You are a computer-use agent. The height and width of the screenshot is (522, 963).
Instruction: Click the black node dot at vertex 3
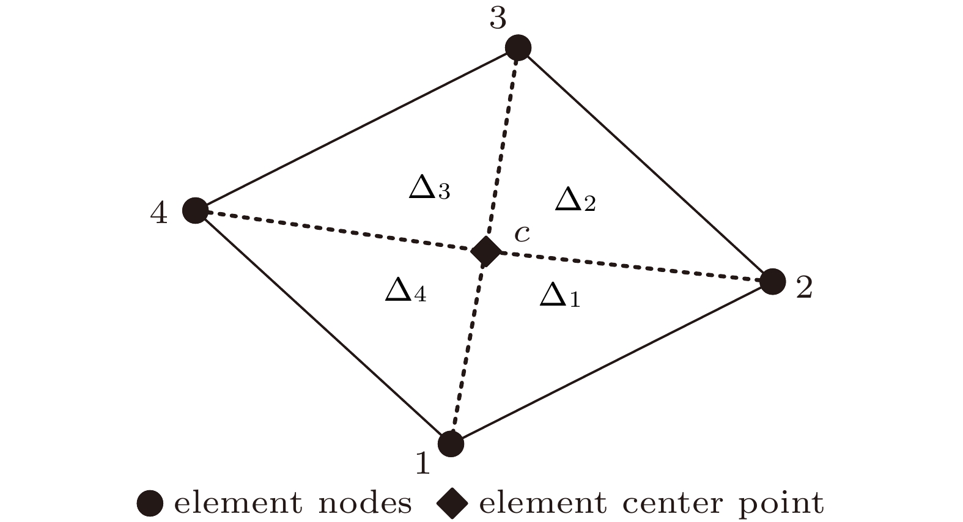pos(518,48)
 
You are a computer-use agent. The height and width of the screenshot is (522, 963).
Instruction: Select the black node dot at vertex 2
pos(773,281)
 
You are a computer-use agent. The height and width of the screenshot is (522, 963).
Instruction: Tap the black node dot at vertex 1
pos(451,443)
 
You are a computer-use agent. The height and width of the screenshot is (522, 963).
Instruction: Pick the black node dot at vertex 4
pos(196,211)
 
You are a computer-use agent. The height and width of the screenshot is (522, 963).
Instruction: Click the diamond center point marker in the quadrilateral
pos(486,251)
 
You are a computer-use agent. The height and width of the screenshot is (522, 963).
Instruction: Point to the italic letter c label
pos(522,233)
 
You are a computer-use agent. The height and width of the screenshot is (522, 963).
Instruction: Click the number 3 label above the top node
pos(498,19)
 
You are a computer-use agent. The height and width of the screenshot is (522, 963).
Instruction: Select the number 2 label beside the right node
pos(803,287)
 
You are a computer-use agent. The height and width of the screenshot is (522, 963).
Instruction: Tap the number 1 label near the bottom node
pos(422,463)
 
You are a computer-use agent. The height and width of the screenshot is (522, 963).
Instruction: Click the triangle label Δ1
pos(559,296)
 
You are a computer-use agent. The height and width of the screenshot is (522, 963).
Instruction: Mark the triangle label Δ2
pos(575,200)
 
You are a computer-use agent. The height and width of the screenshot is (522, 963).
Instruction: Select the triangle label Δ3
pos(429,189)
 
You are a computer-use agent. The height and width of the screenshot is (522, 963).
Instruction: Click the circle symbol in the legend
pos(150,504)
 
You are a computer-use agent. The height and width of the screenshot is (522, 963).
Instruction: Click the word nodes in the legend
pos(365,504)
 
